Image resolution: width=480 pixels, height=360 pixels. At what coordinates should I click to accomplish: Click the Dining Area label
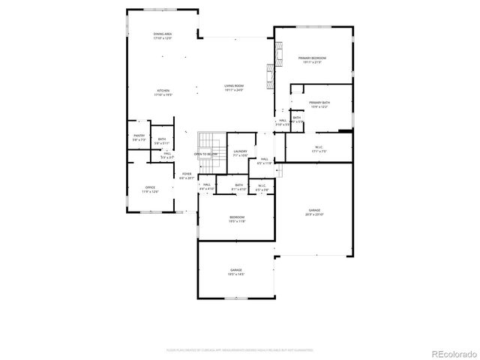pyautogui.click(x=163, y=36)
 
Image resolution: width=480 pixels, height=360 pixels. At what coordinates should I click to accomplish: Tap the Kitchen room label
pyautogui.click(x=163, y=94)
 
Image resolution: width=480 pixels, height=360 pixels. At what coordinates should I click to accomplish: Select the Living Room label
pyautogui.click(x=234, y=88)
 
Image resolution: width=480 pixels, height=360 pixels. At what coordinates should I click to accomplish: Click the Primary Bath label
pyautogui.click(x=319, y=105)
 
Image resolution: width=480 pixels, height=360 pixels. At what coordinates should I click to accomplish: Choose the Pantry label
pyautogui.click(x=139, y=137)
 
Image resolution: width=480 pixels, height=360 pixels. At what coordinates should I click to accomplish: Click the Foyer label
pyautogui.click(x=186, y=176)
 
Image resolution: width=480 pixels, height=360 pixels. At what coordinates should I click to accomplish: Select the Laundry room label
pyautogui.click(x=240, y=153)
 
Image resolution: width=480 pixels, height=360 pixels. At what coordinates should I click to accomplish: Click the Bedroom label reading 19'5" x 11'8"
pyautogui.click(x=237, y=219)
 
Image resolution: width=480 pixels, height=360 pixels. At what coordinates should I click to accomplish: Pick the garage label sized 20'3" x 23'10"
pyautogui.click(x=314, y=212)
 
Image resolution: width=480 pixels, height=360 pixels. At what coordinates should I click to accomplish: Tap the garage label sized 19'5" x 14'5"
pyautogui.click(x=236, y=271)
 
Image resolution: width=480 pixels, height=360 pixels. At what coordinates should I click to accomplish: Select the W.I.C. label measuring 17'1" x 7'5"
pyautogui.click(x=319, y=148)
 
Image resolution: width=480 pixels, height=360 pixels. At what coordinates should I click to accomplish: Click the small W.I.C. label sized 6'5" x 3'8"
pyautogui.click(x=262, y=187)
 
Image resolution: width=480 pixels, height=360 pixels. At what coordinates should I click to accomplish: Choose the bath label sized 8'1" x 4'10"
pyautogui.click(x=238, y=187)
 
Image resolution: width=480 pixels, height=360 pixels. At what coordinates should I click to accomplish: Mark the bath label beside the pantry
pyautogui.click(x=162, y=140)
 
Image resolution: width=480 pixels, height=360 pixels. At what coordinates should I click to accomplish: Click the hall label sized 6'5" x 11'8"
pyautogui.click(x=265, y=160)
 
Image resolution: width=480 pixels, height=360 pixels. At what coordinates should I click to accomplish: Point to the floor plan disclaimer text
pyautogui.click(x=240, y=349)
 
